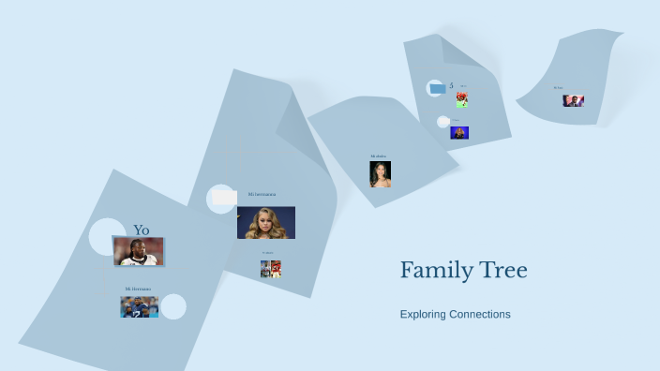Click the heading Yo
tap(141, 230)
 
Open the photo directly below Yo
tap(139, 251)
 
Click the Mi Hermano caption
tap(138, 289)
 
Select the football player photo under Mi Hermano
tap(139, 306)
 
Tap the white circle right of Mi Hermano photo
tap(173, 306)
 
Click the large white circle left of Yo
tap(107, 236)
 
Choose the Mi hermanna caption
tap(262, 194)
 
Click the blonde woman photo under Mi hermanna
tap(265, 222)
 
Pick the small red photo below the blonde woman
tap(271, 269)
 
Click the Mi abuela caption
tap(379, 156)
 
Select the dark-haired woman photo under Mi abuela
tap(380, 174)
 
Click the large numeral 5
tap(451, 85)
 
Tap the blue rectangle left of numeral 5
tap(437, 88)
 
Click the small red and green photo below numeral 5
tap(462, 98)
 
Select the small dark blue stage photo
tap(459, 132)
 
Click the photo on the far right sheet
tap(573, 100)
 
